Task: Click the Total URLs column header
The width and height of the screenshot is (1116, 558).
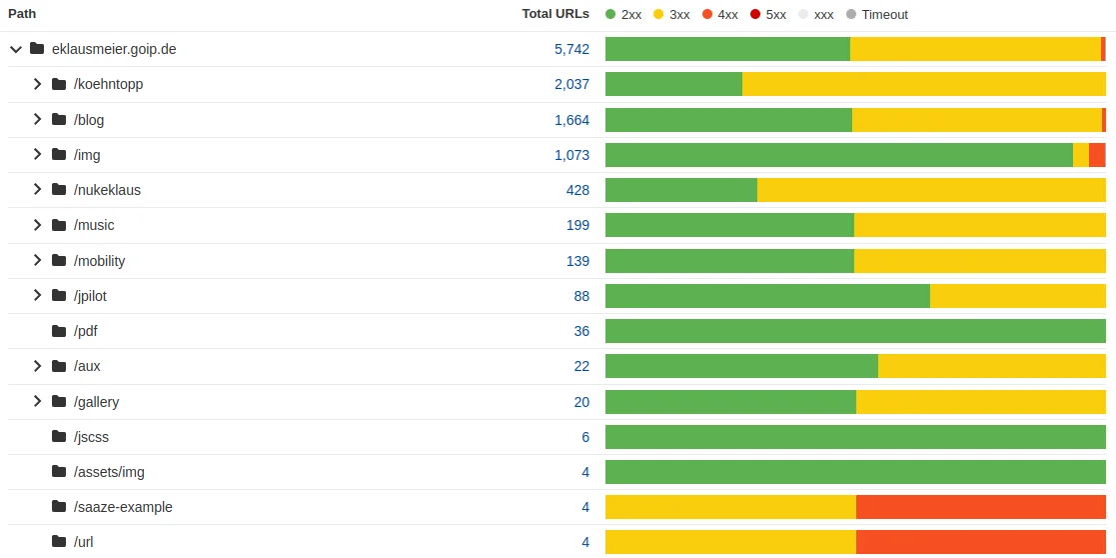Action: pyautogui.click(x=555, y=14)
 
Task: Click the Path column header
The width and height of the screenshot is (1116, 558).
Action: pyautogui.click(x=22, y=14)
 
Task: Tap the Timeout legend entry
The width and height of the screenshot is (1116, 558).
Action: pyautogui.click(x=876, y=15)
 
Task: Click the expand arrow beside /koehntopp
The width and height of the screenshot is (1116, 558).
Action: pyautogui.click(x=37, y=84)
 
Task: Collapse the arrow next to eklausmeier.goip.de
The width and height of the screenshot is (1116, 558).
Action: pyautogui.click(x=15, y=49)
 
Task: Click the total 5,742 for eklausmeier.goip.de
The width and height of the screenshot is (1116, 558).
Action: pyautogui.click(x=571, y=49)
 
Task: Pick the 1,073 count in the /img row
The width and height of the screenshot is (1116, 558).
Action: pyautogui.click(x=571, y=155)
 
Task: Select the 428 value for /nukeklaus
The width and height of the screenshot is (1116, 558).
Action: pyautogui.click(x=577, y=190)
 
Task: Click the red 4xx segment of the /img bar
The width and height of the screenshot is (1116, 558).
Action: pyautogui.click(x=1096, y=155)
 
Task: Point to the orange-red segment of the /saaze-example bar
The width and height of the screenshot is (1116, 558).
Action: pyautogui.click(x=980, y=507)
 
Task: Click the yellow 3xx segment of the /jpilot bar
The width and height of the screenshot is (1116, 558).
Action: pyautogui.click(x=1017, y=296)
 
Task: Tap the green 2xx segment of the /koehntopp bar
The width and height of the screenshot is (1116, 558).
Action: pyautogui.click(x=673, y=84)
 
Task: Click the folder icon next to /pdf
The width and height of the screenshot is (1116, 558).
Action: pyautogui.click(x=59, y=331)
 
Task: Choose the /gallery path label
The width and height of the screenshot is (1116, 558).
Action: pyautogui.click(x=96, y=402)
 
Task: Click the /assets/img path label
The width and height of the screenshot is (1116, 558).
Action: pyautogui.click(x=109, y=472)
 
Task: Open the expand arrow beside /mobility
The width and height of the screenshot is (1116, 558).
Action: pyautogui.click(x=37, y=260)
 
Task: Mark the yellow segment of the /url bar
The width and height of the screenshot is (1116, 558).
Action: pyautogui.click(x=730, y=542)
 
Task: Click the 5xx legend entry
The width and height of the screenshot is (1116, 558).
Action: pyautogui.click(x=768, y=15)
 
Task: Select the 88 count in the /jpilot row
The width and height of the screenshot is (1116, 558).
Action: pyautogui.click(x=581, y=296)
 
